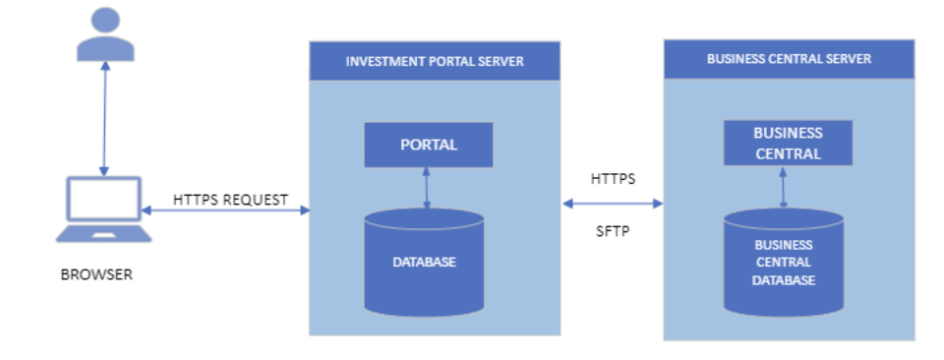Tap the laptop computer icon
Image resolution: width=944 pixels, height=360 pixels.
click(x=103, y=210)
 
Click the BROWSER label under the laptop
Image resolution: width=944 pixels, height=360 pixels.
click(x=96, y=275)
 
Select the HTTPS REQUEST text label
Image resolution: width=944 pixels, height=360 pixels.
click(x=230, y=200)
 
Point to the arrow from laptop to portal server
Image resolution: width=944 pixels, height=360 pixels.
click(x=225, y=210)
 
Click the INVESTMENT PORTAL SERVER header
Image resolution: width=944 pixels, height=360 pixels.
click(x=435, y=61)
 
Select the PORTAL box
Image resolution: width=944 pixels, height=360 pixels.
click(x=429, y=146)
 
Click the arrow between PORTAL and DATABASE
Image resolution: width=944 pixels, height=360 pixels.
click(x=427, y=189)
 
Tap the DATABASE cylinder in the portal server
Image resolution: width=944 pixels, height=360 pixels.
click(x=424, y=263)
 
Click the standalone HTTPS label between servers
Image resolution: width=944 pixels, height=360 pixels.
click(x=613, y=179)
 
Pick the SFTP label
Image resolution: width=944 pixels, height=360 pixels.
click(x=613, y=231)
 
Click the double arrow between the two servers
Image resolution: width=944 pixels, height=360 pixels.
click(x=613, y=204)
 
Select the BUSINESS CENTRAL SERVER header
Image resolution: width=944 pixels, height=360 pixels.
click(x=789, y=59)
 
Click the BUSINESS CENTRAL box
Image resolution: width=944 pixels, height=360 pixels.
click(x=788, y=143)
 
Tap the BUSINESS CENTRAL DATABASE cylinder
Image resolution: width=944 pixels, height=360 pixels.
click(x=784, y=263)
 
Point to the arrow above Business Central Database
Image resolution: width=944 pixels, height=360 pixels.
click(x=784, y=187)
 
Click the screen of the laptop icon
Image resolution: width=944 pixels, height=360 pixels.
click(x=104, y=200)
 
